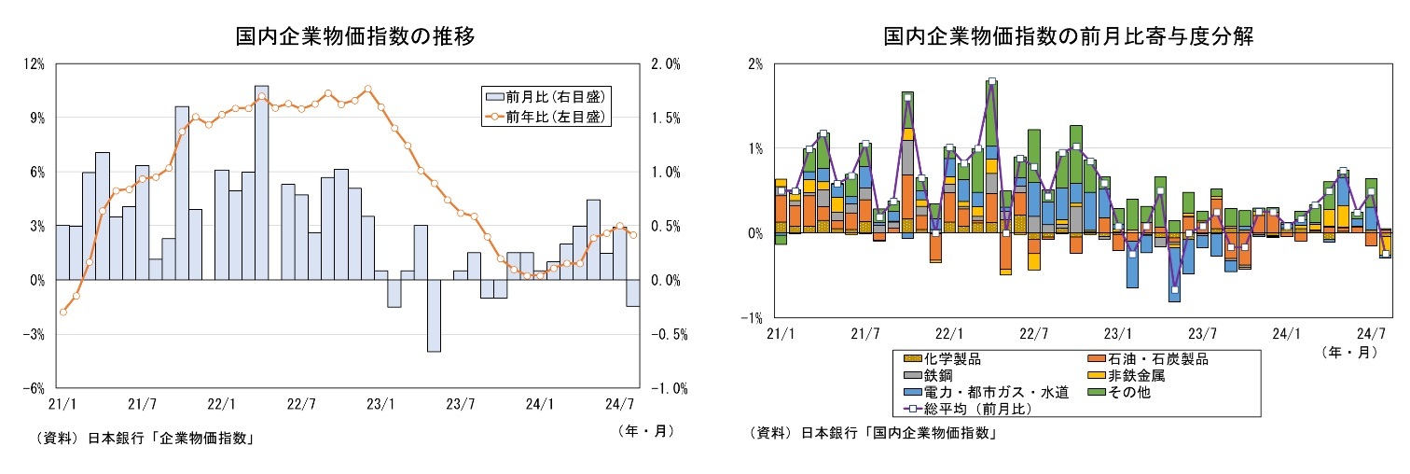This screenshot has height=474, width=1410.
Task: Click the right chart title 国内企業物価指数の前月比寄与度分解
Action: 1068,37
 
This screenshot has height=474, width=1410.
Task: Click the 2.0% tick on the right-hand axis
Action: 665,64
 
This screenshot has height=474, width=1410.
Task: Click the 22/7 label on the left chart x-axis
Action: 301,405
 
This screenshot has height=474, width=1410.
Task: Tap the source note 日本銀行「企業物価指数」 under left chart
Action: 172,439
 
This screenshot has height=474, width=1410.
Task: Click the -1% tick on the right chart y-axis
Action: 754,318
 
